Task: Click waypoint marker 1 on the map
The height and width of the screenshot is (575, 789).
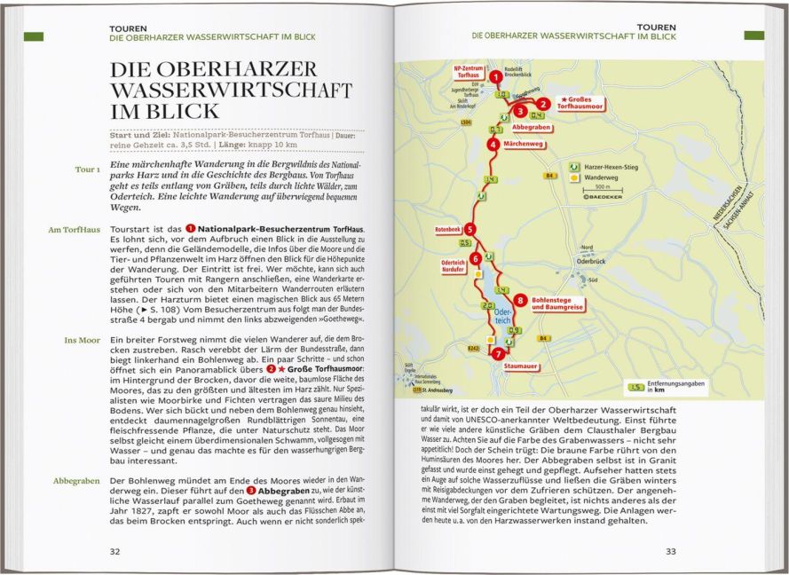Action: (494, 77)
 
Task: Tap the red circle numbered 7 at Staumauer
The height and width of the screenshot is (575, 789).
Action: (497, 353)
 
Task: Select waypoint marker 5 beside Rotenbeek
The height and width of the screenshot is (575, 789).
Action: (469, 229)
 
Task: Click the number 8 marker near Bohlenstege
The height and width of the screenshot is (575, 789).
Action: (519, 300)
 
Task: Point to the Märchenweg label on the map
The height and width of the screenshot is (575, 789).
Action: (524, 144)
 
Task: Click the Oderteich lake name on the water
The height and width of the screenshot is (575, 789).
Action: (502, 317)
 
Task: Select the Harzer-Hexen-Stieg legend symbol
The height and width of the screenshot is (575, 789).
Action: (575, 166)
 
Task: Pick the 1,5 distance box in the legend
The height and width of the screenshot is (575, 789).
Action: (635, 387)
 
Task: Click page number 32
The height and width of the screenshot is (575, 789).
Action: (114, 551)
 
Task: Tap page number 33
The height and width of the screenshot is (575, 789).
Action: (671, 551)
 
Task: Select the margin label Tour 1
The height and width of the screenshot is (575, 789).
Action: (87, 169)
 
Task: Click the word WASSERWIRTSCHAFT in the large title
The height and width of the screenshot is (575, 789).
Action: (231, 91)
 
